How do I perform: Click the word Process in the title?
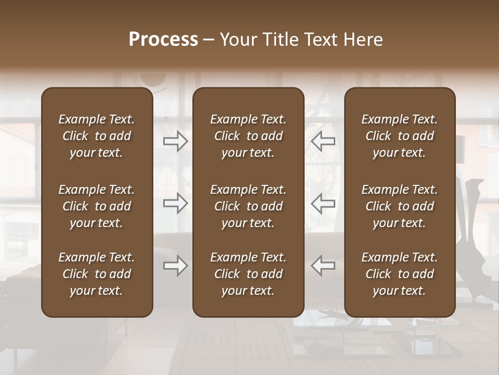pos(163,40)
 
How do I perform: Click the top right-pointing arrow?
pos(175,141)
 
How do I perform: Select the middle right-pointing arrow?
pos(175,203)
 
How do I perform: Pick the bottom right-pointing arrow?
pos(175,266)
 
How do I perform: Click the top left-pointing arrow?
pos(323,141)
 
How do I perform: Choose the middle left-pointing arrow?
pos(323,203)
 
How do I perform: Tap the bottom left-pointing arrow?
pos(323,266)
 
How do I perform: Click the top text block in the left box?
pos(97,136)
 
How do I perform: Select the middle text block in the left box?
pos(97,206)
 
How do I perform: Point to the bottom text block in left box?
pos(97,274)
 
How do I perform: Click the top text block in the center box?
pos(248,136)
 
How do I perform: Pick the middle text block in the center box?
pos(248,206)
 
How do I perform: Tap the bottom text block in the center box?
pos(248,274)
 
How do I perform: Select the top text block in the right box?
pos(400,136)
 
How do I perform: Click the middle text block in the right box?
pos(400,206)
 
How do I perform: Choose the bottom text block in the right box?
pos(400,274)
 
